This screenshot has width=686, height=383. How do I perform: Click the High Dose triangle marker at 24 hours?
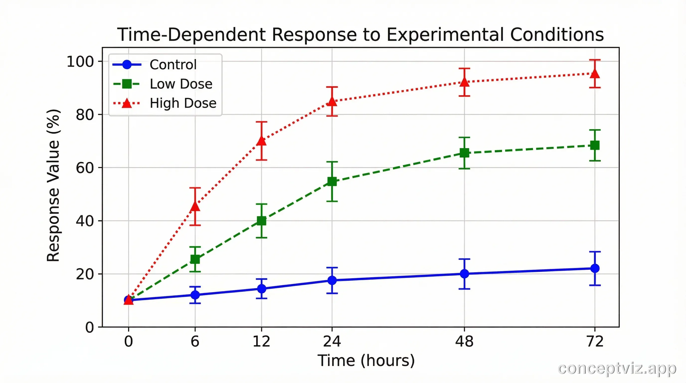point(332,101)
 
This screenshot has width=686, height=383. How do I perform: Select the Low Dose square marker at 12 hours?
point(261,221)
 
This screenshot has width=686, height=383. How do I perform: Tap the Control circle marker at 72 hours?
point(595,268)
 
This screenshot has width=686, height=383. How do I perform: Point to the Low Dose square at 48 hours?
point(464,153)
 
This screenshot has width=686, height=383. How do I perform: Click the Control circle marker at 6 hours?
point(195,295)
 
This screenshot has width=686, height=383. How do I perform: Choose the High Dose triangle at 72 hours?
point(595,74)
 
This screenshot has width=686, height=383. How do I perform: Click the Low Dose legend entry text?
point(181,84)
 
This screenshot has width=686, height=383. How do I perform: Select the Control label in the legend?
point(173,65)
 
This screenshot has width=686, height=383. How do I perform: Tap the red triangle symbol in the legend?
point(127,103)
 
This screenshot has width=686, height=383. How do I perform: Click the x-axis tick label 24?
point(332,341)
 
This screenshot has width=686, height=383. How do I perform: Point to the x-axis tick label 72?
point(595,341)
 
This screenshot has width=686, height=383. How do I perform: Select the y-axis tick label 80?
point(85,115)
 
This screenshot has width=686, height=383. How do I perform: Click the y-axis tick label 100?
point(80,62)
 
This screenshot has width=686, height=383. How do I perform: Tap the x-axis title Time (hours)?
point(366,361)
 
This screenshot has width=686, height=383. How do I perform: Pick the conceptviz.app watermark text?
point(617,369)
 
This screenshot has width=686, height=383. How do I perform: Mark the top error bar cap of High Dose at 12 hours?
point(261,122)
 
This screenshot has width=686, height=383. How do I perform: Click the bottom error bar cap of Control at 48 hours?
point(464,289)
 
